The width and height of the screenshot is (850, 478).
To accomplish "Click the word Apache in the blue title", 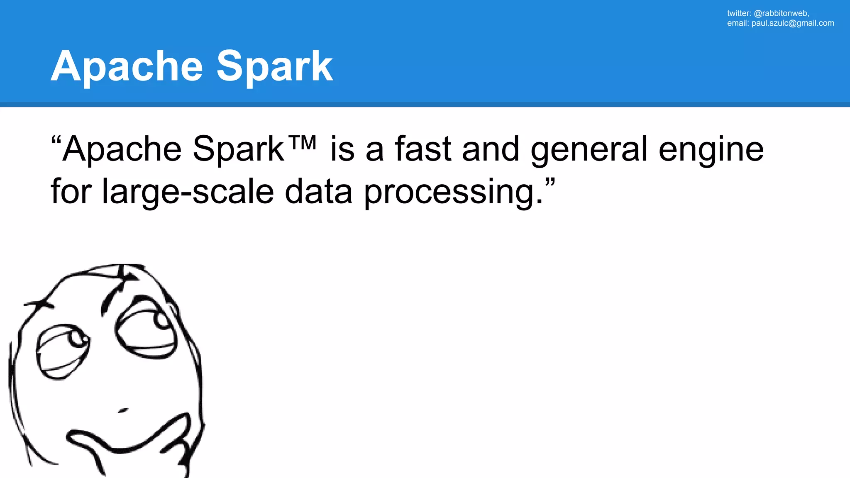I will click(127, 66).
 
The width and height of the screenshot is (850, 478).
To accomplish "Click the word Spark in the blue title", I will click(274, 66).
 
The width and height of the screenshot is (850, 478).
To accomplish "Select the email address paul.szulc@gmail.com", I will click(792, 23).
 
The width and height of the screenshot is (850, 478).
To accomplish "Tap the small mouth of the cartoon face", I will click(123, 411).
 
